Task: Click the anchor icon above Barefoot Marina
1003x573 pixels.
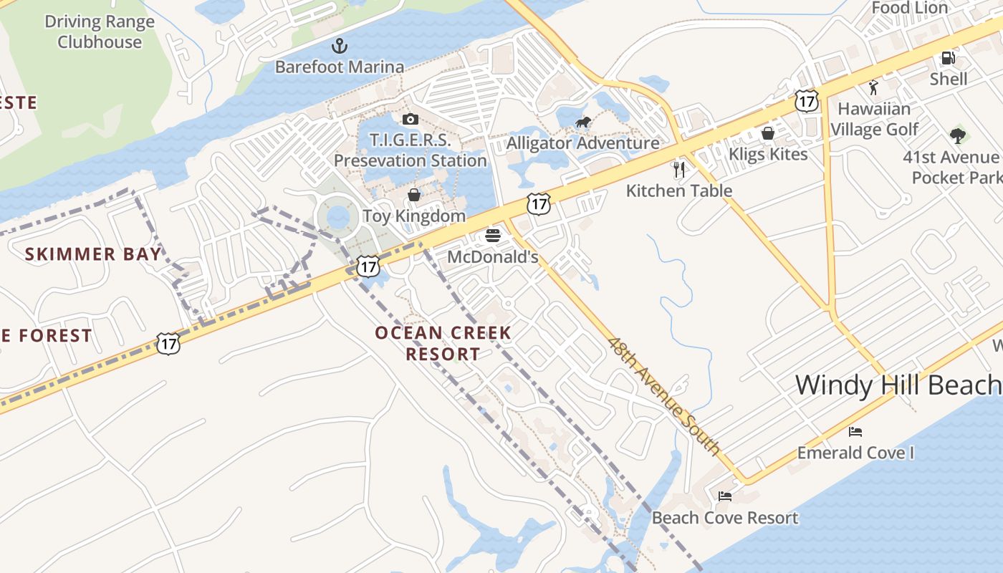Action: [x=339, y=47]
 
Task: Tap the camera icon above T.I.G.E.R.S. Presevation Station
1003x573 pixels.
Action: [x=410, y=119]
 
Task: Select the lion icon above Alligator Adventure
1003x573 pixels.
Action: [x=583, y=122]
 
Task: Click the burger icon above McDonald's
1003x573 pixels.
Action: [x=492, y=235]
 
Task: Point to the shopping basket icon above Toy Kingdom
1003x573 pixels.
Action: [x=413, y=194]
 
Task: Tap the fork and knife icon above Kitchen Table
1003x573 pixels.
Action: [x=679, y=169]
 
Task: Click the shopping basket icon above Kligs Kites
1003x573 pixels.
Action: [x=767, y=133]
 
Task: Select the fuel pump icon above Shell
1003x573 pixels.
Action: [x=948, y=57]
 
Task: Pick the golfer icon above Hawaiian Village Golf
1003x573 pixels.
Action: [x=873, y=87]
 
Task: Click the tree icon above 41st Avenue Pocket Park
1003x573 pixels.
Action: [x=956, y=135]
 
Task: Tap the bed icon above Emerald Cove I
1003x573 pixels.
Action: [x=855, y=431]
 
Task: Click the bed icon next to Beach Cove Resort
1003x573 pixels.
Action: [x=725, y=496]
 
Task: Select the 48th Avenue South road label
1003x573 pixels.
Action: [x=663, y=395]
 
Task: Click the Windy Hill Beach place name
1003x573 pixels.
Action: [x=898, y=385]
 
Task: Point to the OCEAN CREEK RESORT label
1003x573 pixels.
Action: [x=443, y=343]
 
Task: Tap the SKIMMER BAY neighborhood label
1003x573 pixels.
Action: [x=93, y=254]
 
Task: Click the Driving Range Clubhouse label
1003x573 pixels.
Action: [x=100, y=32]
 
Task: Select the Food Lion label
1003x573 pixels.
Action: [x=909, y=8]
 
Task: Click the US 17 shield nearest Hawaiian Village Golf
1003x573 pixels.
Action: [x=807, y=102]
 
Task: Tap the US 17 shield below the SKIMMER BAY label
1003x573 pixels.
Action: [x=168, y=344]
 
